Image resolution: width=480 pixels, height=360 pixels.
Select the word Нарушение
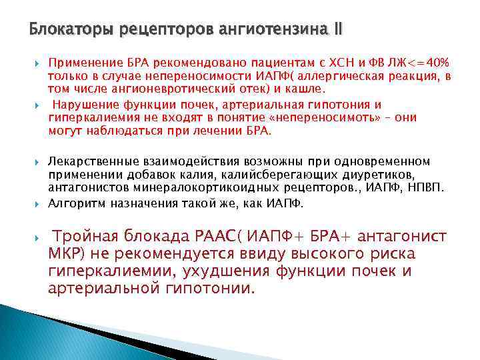(83, 105)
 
